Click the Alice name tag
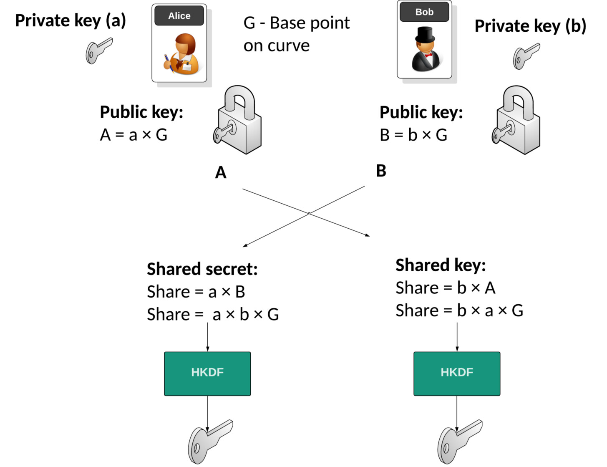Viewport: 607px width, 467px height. (179, 15)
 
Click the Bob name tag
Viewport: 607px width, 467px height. (424, 12)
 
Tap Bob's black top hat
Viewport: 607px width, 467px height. (425, 35)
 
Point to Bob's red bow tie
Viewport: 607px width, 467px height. (428, 55)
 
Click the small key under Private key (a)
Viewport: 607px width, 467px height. (98, 51)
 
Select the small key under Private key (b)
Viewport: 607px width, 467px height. (526, 56)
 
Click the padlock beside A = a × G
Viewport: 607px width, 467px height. (238, 120)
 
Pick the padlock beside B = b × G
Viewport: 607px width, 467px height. (516, 120)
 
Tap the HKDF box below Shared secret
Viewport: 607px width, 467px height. (207, 374)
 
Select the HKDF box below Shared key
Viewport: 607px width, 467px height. (457, 374)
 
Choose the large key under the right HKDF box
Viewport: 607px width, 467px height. (459, 442)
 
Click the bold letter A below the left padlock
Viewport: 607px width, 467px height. (221, 172)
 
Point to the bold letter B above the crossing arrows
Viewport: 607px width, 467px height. (381, 171)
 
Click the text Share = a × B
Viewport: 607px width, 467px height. (196, 292)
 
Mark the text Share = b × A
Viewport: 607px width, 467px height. (446, 288)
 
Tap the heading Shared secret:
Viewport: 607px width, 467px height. (202, 269)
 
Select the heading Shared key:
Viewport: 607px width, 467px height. (441, 265)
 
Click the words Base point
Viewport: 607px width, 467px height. (310, 23)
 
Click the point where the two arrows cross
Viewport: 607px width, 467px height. (309, 214)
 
